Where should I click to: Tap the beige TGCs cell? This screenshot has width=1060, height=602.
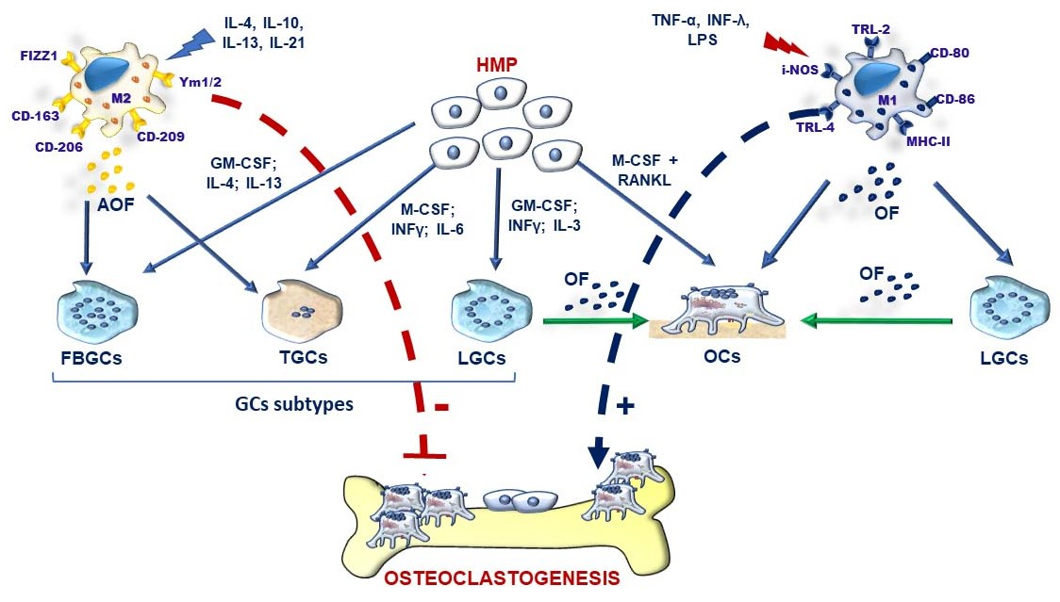click(302, 311)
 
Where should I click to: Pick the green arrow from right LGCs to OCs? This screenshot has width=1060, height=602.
click(877, 321)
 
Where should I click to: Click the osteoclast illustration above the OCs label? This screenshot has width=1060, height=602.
click(721, 316)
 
